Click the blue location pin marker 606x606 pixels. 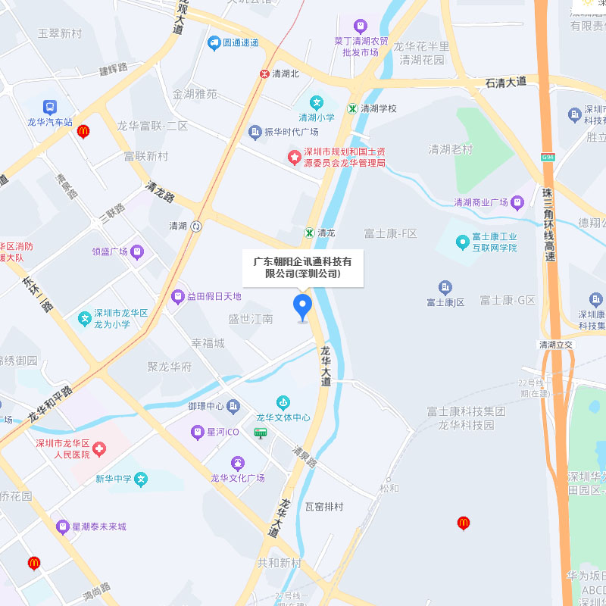pyautogui.click(x=302, y=306)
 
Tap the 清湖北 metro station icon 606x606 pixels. pyautogui.click(x=264, y=73)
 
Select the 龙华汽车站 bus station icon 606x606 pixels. pyautogui.click(x=50, y=108)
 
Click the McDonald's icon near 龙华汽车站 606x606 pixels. pyautogui.click(x=83, y=131)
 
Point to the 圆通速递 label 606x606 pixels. pyautogui.click(x=242, y=42)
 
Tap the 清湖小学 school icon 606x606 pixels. pyautogui.click(x=317, y=102)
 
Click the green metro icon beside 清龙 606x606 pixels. pyautogui.click(x=309, y=233)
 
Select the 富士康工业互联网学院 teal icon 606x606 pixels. pyautogui.click(x=462, y=242)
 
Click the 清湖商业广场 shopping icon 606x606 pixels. pyautogui.click(x=517, y=202)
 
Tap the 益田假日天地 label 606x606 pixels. pyautogui.click(x=214, y=296)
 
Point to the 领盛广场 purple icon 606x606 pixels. pyautogui.click(x=137, y=251)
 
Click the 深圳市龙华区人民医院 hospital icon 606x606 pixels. pyautogui.click(x=100, y=449)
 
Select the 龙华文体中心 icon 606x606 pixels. pyautogui.click(x=283, y=402)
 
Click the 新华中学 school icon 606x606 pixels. pyautogui.click(x=141, y=479)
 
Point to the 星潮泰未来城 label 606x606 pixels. pyautogui.click(x=99, y=526)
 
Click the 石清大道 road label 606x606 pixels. pyautogui.click(x=505, y=81)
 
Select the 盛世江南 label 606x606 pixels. pyautogui.click(x=251, y=320)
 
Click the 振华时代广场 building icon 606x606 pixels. pyautogui.click(x=255, y=132)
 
